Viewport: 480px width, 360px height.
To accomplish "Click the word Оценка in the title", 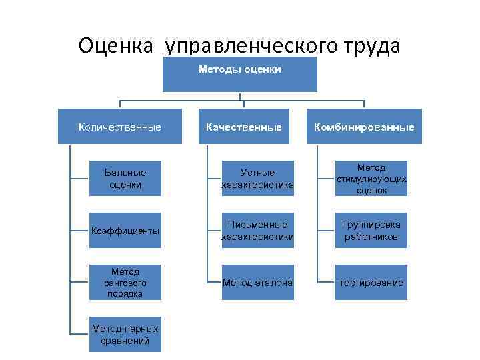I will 117,46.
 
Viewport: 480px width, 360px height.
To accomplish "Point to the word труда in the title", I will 371,46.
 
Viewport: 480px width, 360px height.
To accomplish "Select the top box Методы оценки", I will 240,74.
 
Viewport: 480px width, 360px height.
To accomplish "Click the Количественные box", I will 120,127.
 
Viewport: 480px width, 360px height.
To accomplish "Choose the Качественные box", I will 243,127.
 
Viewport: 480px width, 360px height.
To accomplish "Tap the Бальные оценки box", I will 125,179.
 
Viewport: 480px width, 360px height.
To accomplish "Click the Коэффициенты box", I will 125,231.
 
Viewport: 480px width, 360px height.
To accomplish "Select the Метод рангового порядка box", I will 125,283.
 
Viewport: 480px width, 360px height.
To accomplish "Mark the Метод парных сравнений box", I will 125,335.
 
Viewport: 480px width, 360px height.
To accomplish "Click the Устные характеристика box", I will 257,179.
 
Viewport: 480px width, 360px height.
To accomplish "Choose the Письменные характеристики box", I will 257,231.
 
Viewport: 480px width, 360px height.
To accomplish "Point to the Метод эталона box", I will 257,283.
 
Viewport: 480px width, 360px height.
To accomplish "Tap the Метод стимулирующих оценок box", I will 371,179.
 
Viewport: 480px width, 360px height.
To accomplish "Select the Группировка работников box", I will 371,231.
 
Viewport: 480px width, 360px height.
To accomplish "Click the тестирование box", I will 371,283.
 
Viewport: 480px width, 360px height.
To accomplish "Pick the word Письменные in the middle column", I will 257,225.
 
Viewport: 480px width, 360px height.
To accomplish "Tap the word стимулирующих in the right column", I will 371,179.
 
